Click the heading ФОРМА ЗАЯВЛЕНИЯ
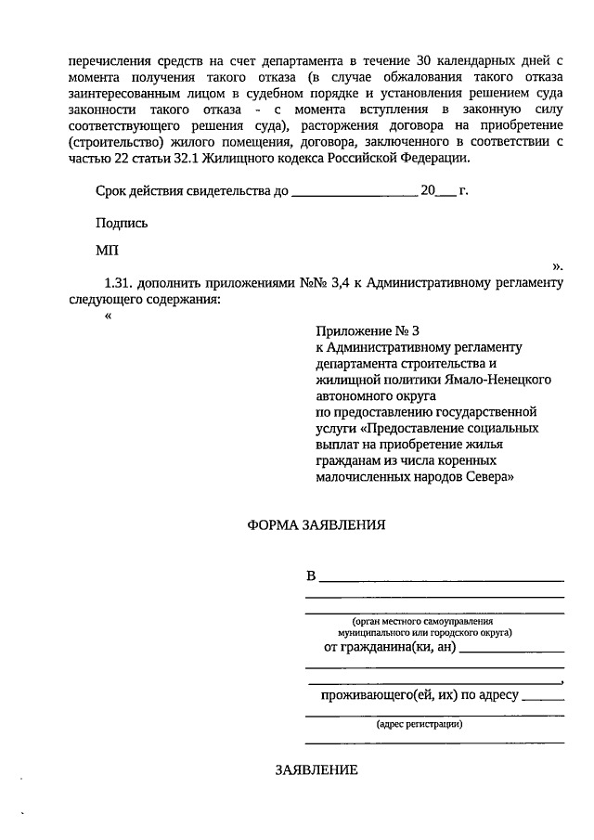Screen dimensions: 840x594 point(316,524)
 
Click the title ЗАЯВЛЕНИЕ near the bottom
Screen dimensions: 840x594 point(316,771)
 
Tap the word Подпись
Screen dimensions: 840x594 point(121,223)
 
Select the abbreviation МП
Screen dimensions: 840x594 point(107,251)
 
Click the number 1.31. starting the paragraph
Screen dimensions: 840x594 point(123,283)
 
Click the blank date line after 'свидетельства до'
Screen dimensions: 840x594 point(355,193)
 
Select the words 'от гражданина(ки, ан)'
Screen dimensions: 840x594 point(389,646)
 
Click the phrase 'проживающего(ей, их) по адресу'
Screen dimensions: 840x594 point(420,693)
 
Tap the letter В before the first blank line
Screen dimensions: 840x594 point(311,576)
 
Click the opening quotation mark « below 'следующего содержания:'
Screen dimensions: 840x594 point(110,316)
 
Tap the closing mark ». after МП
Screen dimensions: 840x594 point(557,265)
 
